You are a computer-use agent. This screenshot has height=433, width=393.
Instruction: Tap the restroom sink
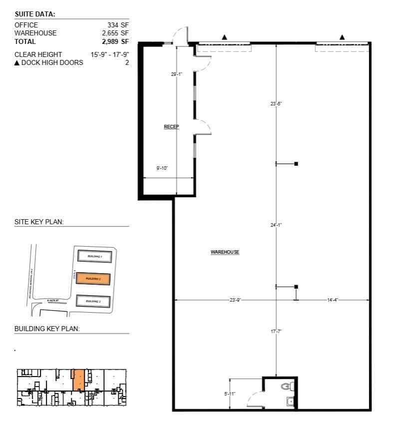click(x=290, y=401)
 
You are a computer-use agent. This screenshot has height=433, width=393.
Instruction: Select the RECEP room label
click(x=171, y=127)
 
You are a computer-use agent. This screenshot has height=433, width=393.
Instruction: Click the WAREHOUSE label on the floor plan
click(x=225, y=252)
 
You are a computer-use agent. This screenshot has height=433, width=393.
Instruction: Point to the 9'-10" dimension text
click(x=161, y=168)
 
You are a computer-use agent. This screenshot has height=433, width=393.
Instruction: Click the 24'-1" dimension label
click(x=276, y=225)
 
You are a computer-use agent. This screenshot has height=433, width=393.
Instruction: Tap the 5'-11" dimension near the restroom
click(x=230, y=394)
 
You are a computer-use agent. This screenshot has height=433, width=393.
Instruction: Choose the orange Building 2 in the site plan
click(x=93, y=278)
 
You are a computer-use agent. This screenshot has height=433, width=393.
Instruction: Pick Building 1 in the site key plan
click(x=94, y=256)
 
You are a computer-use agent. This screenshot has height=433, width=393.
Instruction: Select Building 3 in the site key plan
click(x=93, y=301)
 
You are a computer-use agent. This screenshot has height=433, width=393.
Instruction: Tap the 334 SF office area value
click(x=118, y=25)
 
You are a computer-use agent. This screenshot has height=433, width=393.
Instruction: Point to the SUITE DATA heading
click(x=35, y=14)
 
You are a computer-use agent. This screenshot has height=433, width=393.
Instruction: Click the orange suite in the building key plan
click(x=78, y=380)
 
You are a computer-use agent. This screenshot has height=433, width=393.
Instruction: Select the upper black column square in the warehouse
click(x=296, y=163)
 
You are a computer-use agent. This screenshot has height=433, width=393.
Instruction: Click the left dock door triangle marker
click(x=225, y=37)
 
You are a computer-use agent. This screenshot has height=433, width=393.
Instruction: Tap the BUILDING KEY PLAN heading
click(x=47, y=329)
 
